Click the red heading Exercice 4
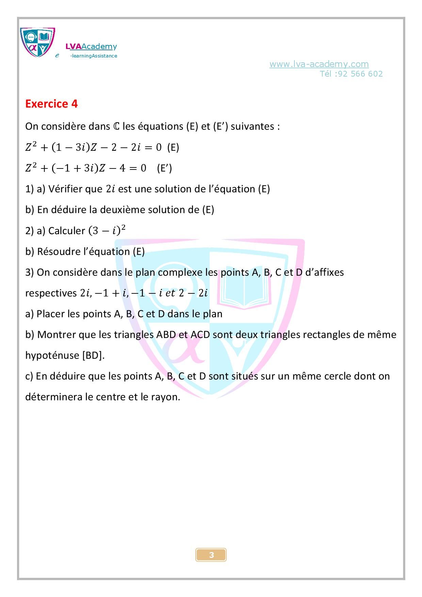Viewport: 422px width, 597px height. (x=51, y=103)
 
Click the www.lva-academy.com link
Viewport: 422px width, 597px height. (x=319, y=64)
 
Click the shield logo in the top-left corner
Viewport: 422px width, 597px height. (x=37, y=43)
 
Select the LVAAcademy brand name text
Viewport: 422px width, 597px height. (x=91, y=47)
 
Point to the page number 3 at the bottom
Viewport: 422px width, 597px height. (x=211, y=555)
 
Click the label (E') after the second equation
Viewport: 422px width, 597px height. (x=164, y=168)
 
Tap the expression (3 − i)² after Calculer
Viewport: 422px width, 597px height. (x=107, y=230)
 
